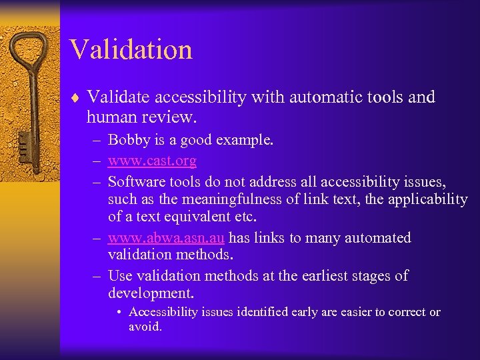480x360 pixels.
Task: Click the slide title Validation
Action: pos(131,49)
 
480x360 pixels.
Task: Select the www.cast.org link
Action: pos(152,161)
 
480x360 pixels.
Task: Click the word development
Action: pos(150,294)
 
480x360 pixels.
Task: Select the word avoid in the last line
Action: pos(145,327)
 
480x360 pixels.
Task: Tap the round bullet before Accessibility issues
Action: pos(118,313)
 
